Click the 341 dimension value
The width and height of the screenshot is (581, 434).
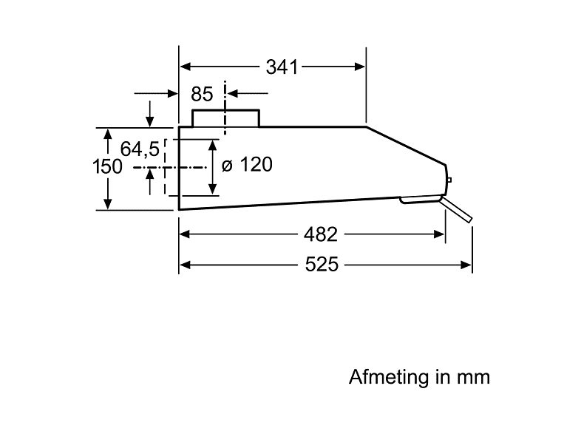click(x=281, y=67)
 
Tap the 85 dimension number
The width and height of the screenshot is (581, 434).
click(x=201, y=95)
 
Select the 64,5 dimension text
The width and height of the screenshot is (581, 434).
click(x=140, y=149)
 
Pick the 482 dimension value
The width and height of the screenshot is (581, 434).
click(x=321, y=235)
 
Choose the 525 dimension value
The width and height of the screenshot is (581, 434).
click(x=321, y=265)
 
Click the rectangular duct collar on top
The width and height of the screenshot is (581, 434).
click(x=225, y=118)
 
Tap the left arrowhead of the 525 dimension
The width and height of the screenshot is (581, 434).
click(x=185, y=264)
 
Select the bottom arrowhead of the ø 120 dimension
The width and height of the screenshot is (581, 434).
click(x=213, y=190)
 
